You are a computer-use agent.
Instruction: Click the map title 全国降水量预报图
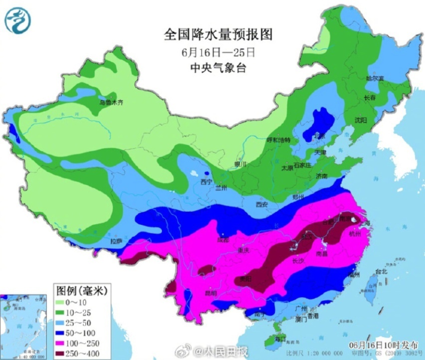[x=219, y=35]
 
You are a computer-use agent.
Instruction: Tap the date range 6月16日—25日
[x=219, y=52]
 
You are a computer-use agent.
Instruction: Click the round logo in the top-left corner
[x=17, y=21]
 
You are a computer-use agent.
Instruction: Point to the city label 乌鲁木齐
[x=111, y=103]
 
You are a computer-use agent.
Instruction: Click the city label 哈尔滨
[x=375, y=78]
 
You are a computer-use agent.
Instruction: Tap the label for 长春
[x=370, y=98]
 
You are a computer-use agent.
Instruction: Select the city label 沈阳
[x=361, y=120]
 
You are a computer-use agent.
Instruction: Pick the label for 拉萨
[x=116, y=241]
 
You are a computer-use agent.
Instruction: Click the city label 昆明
[x=210, y=293]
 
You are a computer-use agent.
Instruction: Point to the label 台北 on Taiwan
[x=381, y=272]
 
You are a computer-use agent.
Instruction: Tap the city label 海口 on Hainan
[x=279, y=339]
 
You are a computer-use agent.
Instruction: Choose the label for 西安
[x=262, y=204]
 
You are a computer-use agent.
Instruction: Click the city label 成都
[x=223, y=240]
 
